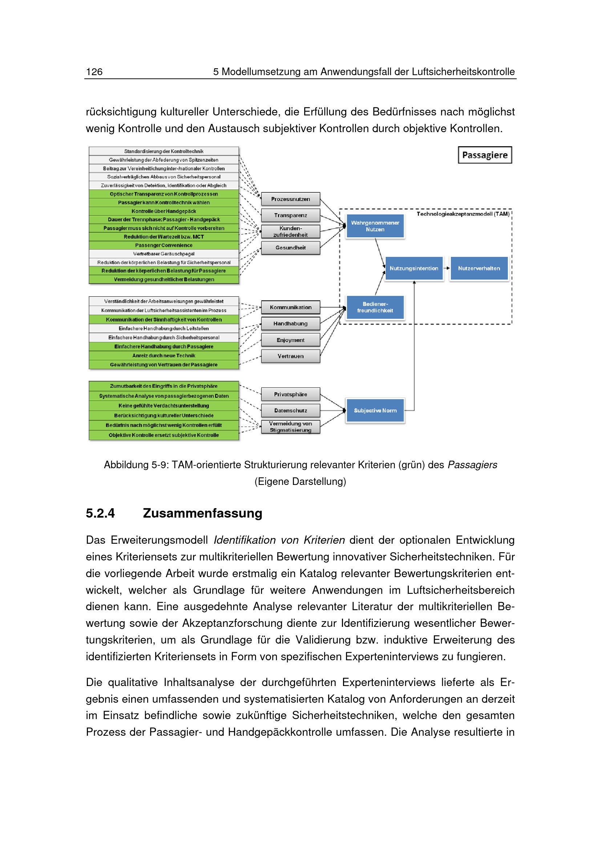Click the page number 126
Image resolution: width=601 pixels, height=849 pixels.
[94, 72]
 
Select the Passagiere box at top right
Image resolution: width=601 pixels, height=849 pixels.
[484, 155]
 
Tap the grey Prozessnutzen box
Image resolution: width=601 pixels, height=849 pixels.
[291, 199]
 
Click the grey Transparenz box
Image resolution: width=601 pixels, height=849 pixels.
[291, 215]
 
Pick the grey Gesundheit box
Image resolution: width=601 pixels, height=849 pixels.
[291, 248]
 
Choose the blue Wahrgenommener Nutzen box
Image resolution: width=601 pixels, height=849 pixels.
[375, 226]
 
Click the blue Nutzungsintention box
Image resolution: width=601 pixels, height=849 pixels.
[414, 269]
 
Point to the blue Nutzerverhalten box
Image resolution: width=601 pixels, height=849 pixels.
[479, 269]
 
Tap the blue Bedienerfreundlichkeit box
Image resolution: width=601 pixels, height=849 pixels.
[375, 307]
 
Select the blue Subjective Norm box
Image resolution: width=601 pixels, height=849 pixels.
[375, 411]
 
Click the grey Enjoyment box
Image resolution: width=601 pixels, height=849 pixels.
[291, 340]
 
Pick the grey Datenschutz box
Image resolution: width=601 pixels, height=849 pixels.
[291, 411]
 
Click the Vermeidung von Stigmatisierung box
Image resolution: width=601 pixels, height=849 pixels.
[291, 427]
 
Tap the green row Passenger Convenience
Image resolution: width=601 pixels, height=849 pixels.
[164, 245]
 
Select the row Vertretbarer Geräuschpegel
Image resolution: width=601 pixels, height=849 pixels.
[164, 254]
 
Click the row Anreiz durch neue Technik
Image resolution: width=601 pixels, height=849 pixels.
[164, 356]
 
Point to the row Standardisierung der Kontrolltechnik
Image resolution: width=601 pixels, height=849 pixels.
[164, 151]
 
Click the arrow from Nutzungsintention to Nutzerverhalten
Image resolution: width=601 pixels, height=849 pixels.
[446, 268]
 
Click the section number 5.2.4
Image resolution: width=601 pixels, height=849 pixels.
[100, 513]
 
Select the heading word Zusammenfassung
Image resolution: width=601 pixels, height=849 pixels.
[202, 513]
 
